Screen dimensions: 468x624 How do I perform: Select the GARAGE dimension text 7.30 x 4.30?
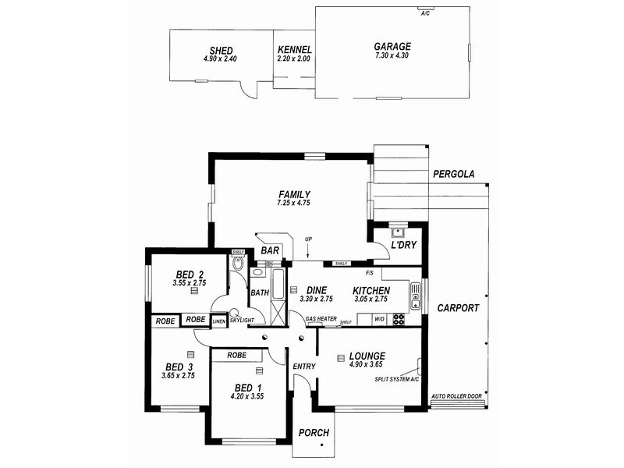[392, 57]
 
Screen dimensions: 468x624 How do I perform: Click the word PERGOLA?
[454, 175]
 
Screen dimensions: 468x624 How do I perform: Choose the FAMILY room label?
[294, 194]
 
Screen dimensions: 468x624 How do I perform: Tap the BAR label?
[271, 251]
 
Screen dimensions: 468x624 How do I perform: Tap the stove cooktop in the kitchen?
[398, 318]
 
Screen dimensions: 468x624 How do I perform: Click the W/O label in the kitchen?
[380, 319]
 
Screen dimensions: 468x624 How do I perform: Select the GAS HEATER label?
[321, 319]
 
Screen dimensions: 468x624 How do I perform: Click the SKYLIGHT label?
[242, 321]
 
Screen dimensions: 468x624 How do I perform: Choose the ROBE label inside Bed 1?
[237, 355]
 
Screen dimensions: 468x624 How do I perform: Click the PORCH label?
[314, 433]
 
